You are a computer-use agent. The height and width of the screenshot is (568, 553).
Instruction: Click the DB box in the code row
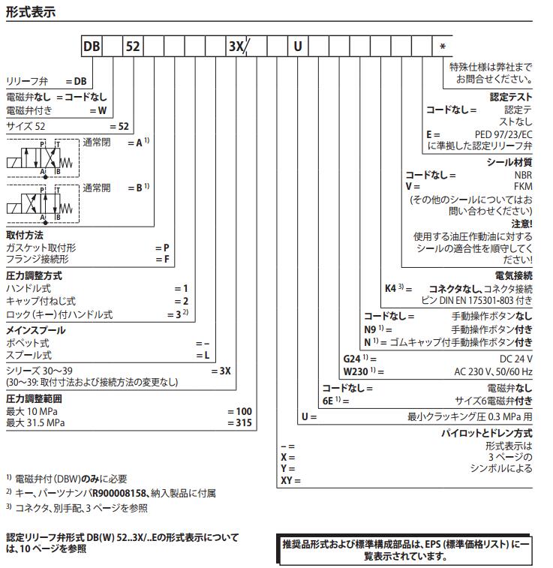[92, 47]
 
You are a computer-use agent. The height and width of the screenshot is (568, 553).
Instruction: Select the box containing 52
[133, 47]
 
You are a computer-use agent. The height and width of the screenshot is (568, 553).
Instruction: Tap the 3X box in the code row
[236, 47]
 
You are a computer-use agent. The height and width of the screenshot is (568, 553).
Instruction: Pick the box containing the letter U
[298, 47]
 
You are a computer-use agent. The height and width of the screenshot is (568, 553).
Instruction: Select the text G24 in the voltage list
[353, 359]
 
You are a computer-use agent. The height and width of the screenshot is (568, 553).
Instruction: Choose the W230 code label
[356, 371]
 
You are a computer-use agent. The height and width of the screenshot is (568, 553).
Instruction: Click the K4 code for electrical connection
[390, 288]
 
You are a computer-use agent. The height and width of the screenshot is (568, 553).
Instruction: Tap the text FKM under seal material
[523, 186]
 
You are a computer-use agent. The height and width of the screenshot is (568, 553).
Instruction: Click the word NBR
[523, 175]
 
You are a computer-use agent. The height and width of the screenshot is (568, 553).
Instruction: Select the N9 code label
[370, 329]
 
